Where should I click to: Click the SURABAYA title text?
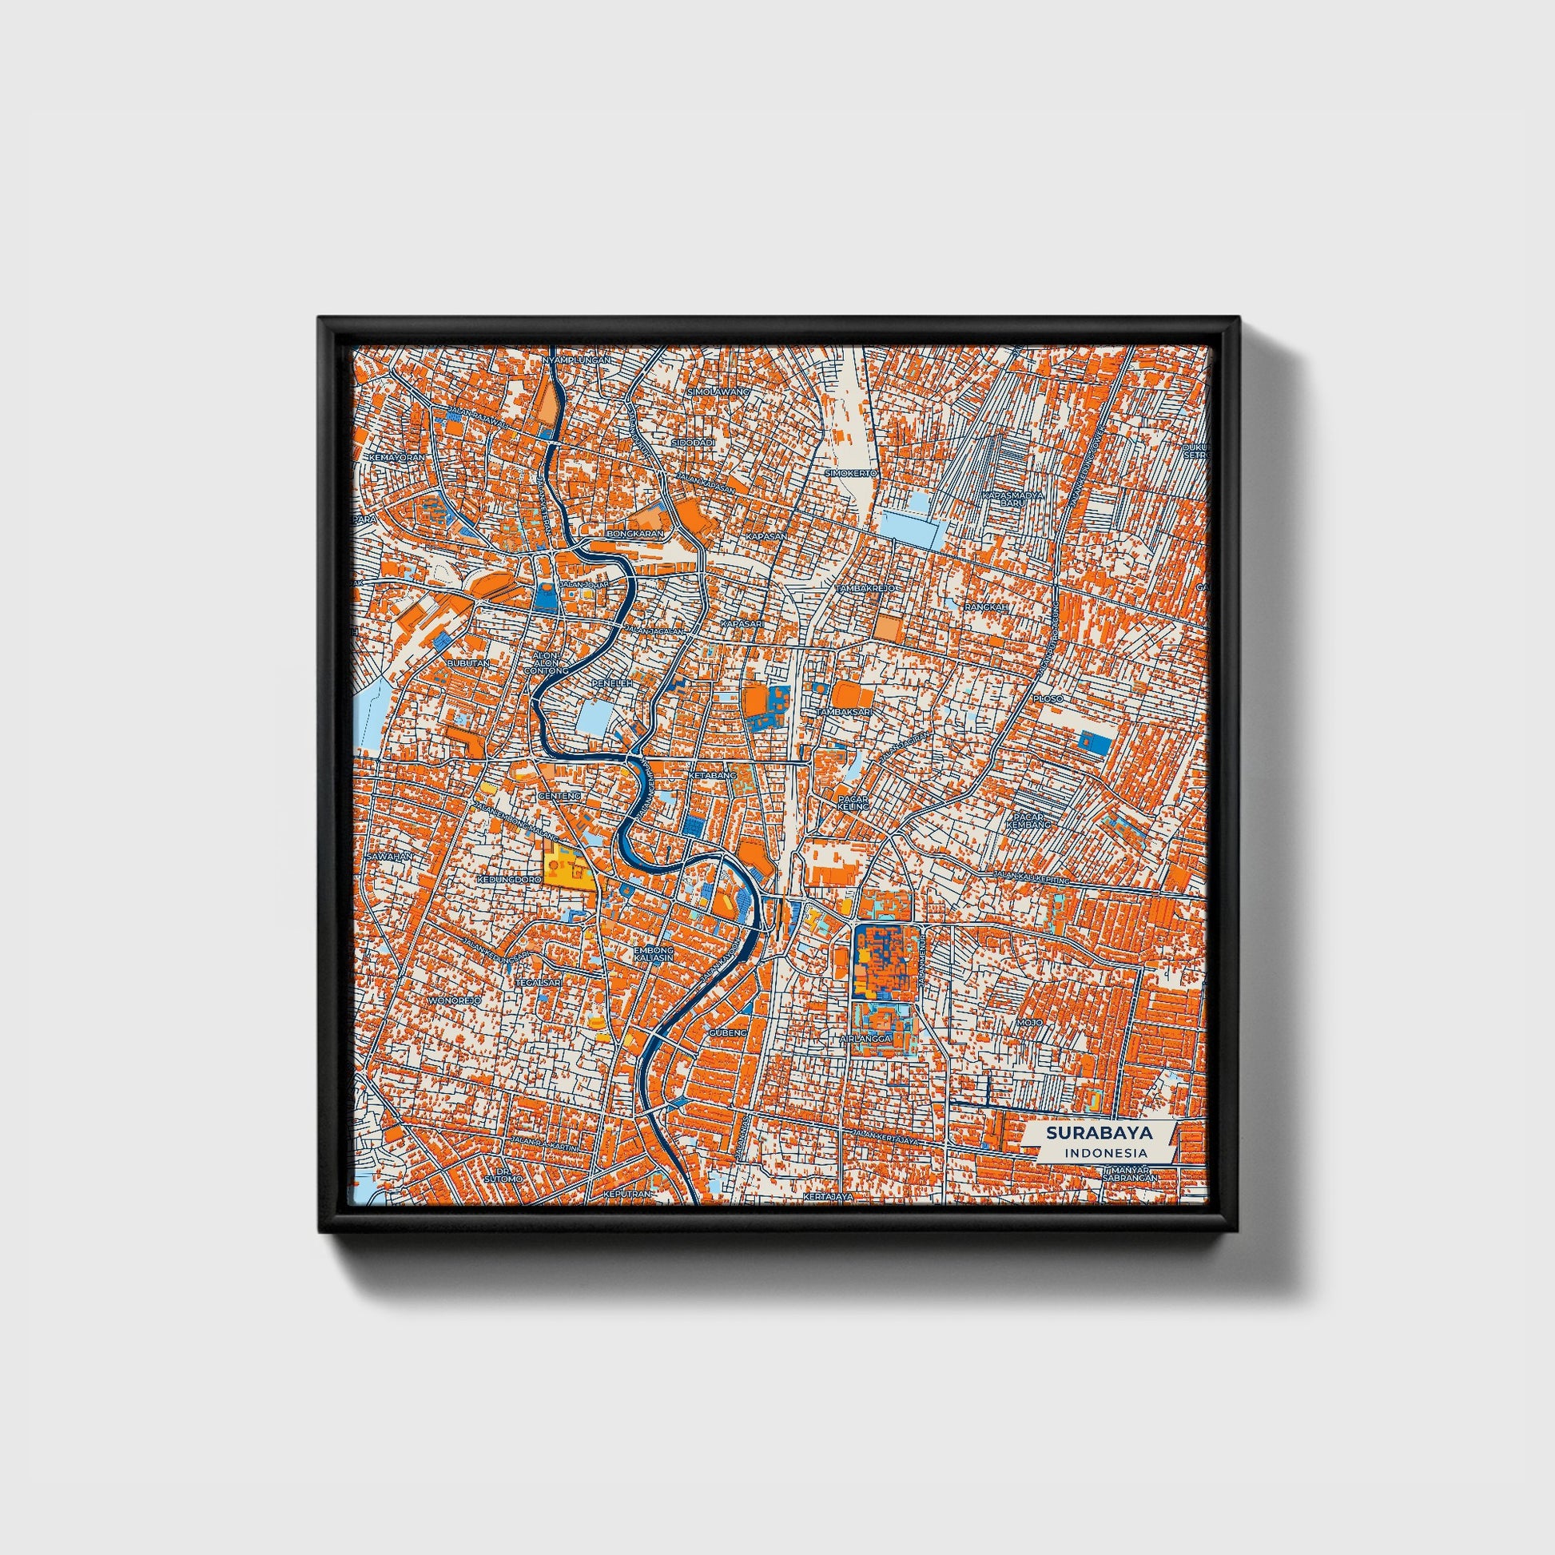coord(1099,1133)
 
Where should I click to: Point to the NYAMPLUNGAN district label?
coord(576,360)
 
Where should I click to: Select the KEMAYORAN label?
coord(397,457)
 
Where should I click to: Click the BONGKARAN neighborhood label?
coord(637,534)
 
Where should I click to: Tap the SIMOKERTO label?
coord(851,473)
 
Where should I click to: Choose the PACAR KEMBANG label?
coord(1031,820)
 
